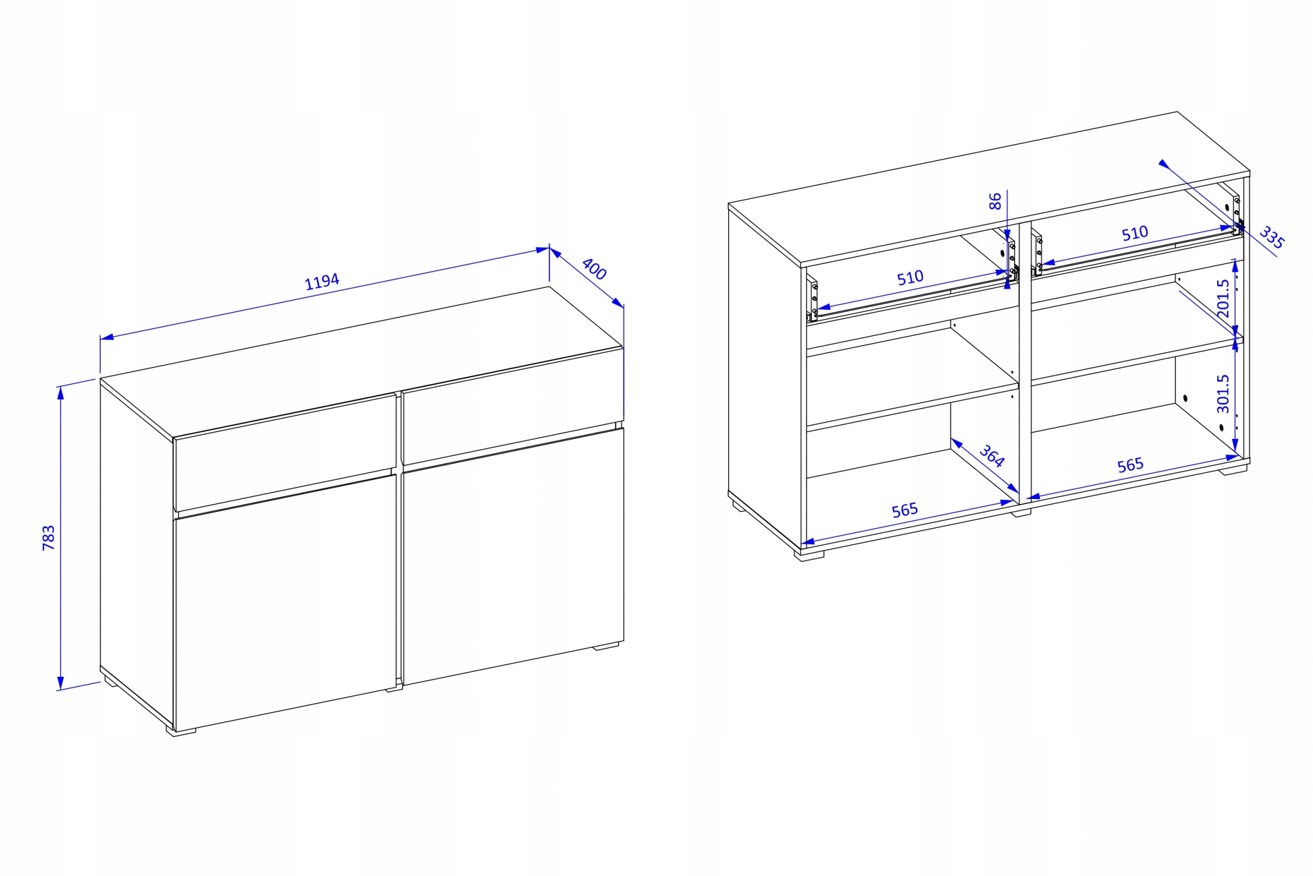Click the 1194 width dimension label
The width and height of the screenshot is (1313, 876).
[x=322, y=282]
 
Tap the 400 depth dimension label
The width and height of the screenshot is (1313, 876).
[x=594, y=269]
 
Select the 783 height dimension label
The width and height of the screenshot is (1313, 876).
[x=49, y=537]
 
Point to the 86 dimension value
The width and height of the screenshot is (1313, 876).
[x=995, y=201]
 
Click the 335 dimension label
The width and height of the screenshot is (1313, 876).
[x=1271, y=237]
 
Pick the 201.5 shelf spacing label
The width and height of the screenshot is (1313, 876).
[x=1223, y=298]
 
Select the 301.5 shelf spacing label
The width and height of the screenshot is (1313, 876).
[x=1223, y=393]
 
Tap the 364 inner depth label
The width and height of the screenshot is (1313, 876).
[x=992, y=455]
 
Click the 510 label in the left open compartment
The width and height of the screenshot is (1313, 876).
[x=910, y=277]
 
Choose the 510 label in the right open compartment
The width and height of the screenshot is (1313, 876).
[x=1135, y=233]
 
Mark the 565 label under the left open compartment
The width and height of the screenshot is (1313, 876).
[x=905, y=510]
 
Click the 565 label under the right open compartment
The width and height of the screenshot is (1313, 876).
[x=1130, y=465]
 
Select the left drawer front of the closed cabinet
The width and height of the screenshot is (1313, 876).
[x=286, y=452]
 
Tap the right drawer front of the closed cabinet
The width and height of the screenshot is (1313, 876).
[x=513, y=406]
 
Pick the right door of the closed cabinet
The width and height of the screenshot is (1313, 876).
[x=513, y=556]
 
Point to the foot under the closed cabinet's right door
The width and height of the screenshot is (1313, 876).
[x=606, y=646]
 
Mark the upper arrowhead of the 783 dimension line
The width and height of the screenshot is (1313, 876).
[x=60, y=393]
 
